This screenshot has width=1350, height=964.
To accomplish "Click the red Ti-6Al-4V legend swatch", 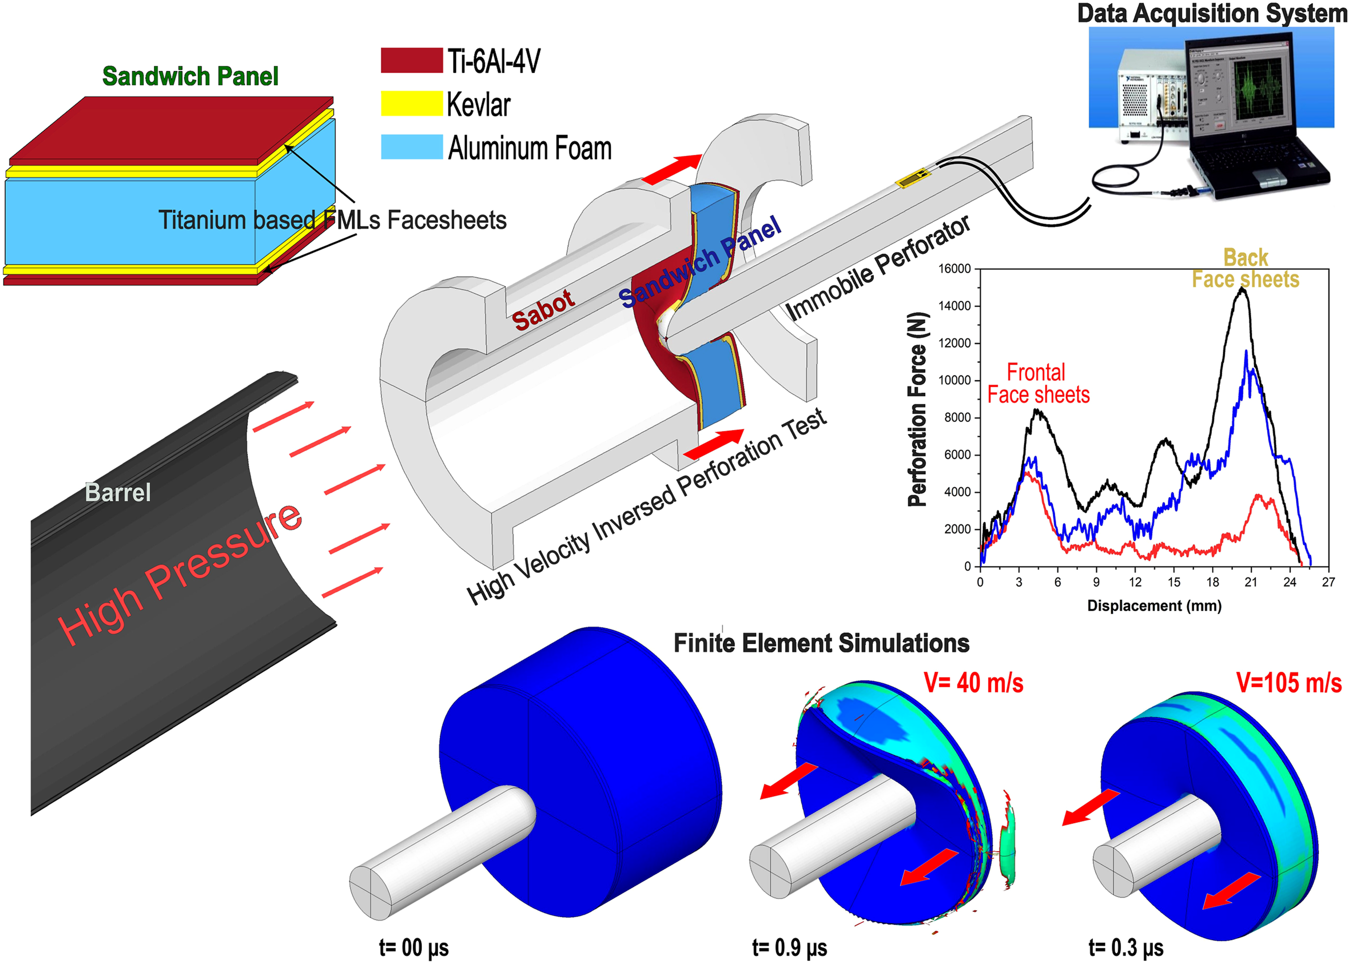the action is [x=411, y=60].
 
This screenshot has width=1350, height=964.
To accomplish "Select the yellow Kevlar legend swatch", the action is [x=411, y=103].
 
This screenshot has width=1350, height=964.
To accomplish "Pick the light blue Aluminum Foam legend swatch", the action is [x=411, y=146].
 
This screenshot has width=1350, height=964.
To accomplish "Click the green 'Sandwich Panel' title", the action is [x=190, y=76].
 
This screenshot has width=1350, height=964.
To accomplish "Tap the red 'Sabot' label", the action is [x=543, y=311].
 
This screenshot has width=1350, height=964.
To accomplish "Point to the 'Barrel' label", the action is [x=117, y=492].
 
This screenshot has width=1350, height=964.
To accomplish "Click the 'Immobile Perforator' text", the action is [x=878, y=267].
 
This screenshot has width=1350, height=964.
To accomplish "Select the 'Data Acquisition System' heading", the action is [x=1212, y=13].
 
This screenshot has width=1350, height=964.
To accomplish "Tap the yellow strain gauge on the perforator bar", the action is [x=913, y=177].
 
